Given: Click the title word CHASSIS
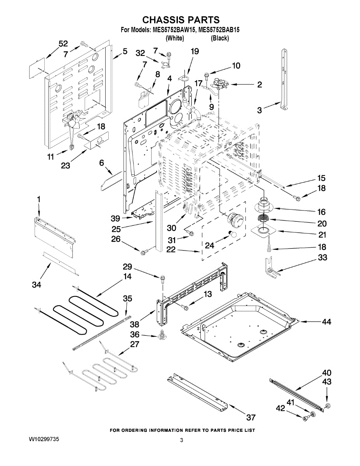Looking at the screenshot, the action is click(x=163, y=20).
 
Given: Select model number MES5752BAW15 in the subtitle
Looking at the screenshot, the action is click(x=174, y=30).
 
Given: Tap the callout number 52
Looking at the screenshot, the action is click(x=63, y=44).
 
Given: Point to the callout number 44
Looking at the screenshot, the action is click(x=326, y=322).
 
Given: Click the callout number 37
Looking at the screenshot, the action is click(x=251, y=417).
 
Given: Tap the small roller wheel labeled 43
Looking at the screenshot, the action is click(x=327, y=405).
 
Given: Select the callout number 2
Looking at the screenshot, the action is click(x=259, y=85).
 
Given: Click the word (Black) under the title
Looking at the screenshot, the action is click(x=220, y=38).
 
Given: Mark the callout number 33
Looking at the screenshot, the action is click(x=322, y=257).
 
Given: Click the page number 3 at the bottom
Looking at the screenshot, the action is click(x=181, y=440).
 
